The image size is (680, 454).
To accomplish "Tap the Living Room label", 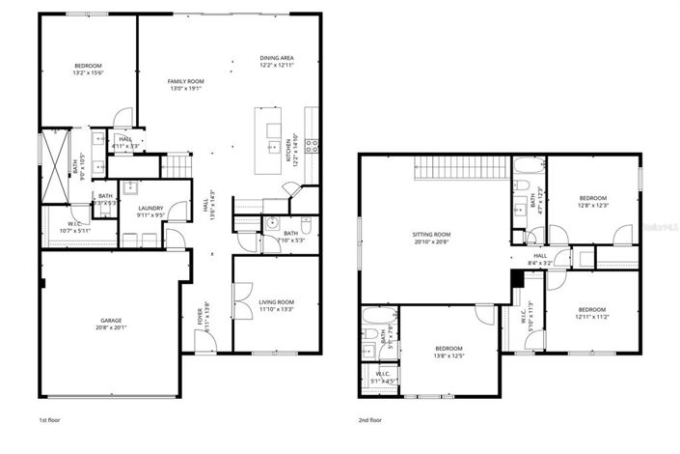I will [277, 302].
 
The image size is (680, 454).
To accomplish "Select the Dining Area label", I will [277, 58].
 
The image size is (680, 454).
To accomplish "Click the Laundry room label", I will [150, 208].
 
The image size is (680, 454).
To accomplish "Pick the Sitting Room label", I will [432, 235].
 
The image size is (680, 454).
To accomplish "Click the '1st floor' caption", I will [51, 421].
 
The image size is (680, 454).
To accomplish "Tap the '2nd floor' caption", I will [370, 421].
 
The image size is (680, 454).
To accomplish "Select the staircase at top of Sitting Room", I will [461, 166].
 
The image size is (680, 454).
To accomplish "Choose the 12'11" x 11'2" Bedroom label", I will [592, 310].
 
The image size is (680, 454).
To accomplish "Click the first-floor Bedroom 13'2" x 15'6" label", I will [88, 67].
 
